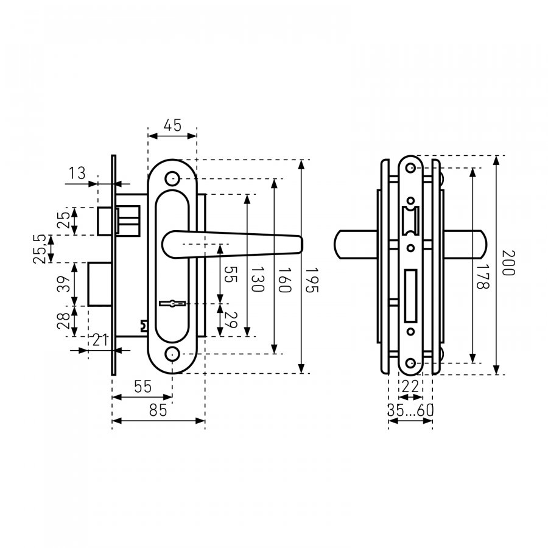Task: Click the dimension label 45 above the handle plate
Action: (173, 125)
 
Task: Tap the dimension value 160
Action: (284, 280)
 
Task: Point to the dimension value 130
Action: (258, 279)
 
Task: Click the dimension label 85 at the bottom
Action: (158, 410)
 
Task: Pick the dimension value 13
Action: (77, 173)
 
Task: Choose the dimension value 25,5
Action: (39, 249)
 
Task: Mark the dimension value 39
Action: (63, 284)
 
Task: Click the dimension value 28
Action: (63, 321)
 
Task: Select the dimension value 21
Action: (100, 340)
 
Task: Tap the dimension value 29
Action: (231, 320)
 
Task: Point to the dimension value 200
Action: (508, 263)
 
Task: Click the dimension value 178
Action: (482, 276)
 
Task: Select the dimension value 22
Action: (410, 387)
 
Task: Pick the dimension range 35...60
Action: (410, 410)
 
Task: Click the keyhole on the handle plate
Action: (172, 303)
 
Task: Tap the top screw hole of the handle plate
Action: (172, 178)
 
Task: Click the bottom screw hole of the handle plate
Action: (172, 354)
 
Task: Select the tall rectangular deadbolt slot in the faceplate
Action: (410, 296)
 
